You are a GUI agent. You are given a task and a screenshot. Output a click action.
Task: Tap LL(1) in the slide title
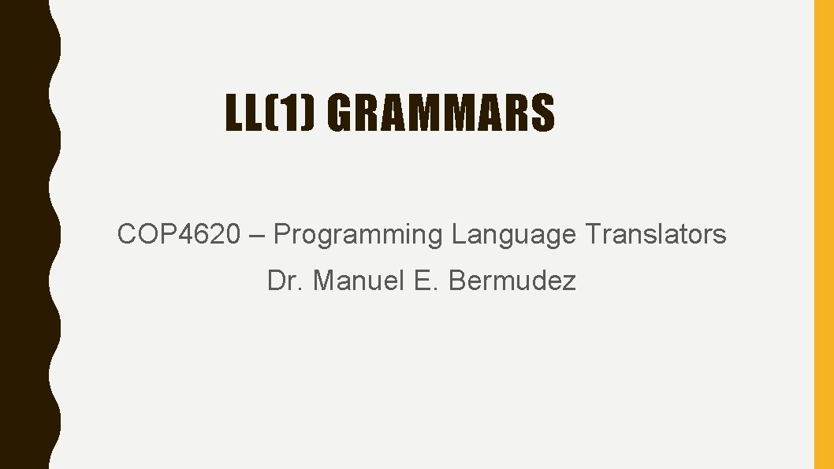click(270, 114)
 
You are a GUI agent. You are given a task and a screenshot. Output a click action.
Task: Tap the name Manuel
click(358, 281)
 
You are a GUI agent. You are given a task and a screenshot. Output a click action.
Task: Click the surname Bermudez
click(512, 281)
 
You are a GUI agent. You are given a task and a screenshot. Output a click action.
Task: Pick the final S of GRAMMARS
click(543, 114)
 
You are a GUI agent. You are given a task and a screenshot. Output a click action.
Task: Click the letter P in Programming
click(281, 234)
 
